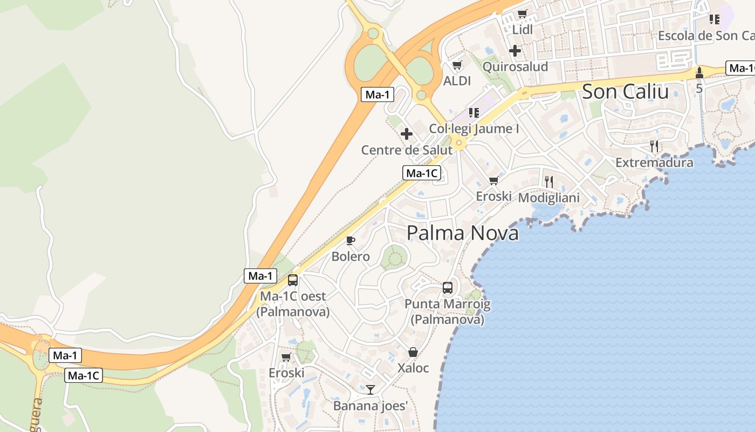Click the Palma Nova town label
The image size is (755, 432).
coord(463,233)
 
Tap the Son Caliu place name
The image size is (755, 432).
coord(626,92)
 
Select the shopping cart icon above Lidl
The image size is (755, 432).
coord(522,14)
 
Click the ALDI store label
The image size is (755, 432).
coord(457,81)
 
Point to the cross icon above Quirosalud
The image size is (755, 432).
coord(514,51)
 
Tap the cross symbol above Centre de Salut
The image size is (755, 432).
coord(407,133)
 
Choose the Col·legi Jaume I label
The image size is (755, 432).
coord(473,129)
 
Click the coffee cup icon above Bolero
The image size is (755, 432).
coord(351,240)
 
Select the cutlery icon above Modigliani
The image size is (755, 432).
coord(549,181)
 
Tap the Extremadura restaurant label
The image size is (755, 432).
coord(654,163)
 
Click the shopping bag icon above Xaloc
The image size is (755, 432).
coord(413,352)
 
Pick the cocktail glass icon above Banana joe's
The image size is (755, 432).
coord(370,389)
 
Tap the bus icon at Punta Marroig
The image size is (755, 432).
coord(448,288)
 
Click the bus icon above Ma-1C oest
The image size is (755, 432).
coord(293,280)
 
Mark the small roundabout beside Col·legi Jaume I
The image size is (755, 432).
coord(459,143)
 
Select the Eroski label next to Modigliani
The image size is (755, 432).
coord(493,197)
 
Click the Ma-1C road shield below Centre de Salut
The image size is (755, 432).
coord(422,173)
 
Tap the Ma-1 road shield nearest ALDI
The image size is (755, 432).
coord(377,95)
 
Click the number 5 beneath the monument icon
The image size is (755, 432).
coord(699,88)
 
